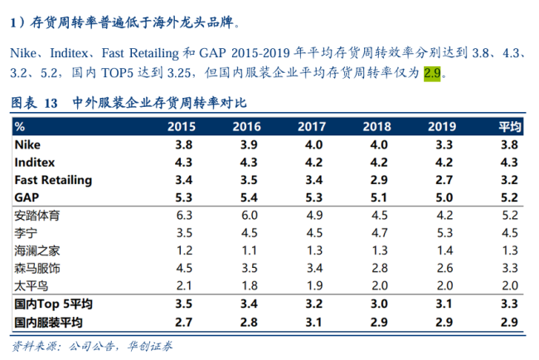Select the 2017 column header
(x=310, y=127)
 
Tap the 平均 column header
(x=509, y=127)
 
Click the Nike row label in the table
(x=27, y=144)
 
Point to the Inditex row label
(x=34, y=162)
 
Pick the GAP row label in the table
(x=27, y=197)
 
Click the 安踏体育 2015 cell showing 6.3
(x=184, y=215)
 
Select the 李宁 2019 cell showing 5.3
(x=443, y=232)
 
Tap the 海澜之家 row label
(x=37, y=251)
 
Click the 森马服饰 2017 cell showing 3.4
(x=310, y=268)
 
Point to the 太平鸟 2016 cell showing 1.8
(x=247, y=285)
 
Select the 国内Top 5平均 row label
(x=49, y=304)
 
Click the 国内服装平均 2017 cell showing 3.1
(x=310, y=321)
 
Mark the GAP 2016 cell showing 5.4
(x=247, y=197)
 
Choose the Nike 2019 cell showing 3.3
(x=443, y=144)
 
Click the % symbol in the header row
(x=20, y=127)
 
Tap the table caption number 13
(x=50, y=104)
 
